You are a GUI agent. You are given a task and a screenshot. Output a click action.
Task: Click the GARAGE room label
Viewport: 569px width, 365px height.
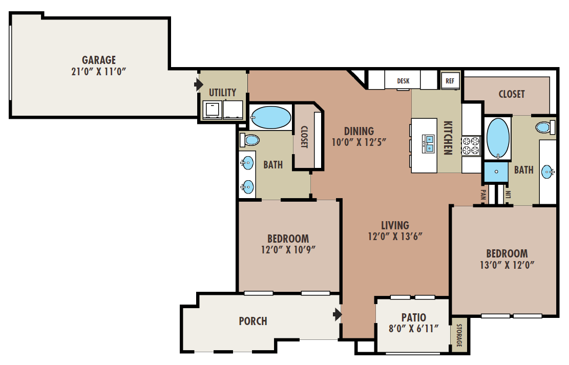click(98, 60)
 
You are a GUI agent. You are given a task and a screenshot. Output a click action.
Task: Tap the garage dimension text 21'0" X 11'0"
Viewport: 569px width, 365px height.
click(98, 71)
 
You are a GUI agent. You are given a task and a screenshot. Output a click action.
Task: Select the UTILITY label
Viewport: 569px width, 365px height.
click(223, 92)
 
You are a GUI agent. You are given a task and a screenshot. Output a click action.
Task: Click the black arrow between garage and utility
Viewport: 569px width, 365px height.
click(199, 84)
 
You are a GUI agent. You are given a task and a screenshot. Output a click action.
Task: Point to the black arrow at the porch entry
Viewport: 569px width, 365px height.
click(337, 314)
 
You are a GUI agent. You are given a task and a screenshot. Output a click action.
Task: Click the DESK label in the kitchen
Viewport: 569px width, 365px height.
click(404, 81)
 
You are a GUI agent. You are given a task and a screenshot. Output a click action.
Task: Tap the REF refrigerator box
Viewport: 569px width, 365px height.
click(450, 81)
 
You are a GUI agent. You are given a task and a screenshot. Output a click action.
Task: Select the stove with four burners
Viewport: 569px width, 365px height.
click(471, 145)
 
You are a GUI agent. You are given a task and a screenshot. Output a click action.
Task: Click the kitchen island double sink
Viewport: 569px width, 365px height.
click(428, 144)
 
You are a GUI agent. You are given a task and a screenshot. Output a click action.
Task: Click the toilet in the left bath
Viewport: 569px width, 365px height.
click(250, 140)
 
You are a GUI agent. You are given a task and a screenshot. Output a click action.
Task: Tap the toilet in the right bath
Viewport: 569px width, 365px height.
click(544, 127)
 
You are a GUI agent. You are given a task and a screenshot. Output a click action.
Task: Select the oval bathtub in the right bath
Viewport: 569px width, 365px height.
click(497, 138)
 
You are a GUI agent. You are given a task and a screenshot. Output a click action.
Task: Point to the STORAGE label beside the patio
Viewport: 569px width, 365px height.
click(458, 336)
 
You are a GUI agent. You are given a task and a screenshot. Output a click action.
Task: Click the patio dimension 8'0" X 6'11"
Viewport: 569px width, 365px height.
click(414, 329)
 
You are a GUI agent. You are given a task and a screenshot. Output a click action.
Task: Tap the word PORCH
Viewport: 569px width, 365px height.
click(253, 321)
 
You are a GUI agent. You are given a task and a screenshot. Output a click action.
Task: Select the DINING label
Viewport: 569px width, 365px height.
click(359, 131)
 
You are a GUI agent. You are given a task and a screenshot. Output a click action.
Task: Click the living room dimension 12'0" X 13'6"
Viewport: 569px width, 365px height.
click(395, 237)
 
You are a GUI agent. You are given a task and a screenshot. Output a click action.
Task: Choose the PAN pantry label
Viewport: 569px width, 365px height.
click(483, 194)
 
